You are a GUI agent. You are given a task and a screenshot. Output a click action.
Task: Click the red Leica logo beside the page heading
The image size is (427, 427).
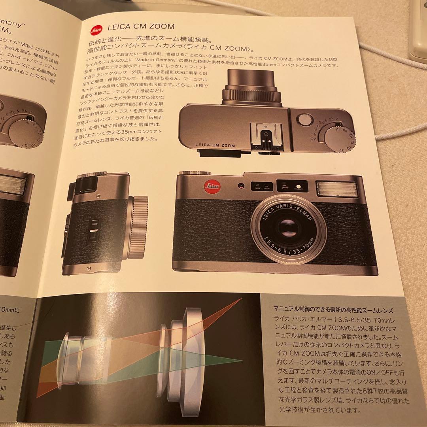(x=96, y=28)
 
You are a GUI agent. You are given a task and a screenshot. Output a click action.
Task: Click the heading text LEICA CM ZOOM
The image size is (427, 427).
(x=141, y=27)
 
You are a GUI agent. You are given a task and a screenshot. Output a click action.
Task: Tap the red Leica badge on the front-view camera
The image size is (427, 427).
(x=213, y=186)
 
